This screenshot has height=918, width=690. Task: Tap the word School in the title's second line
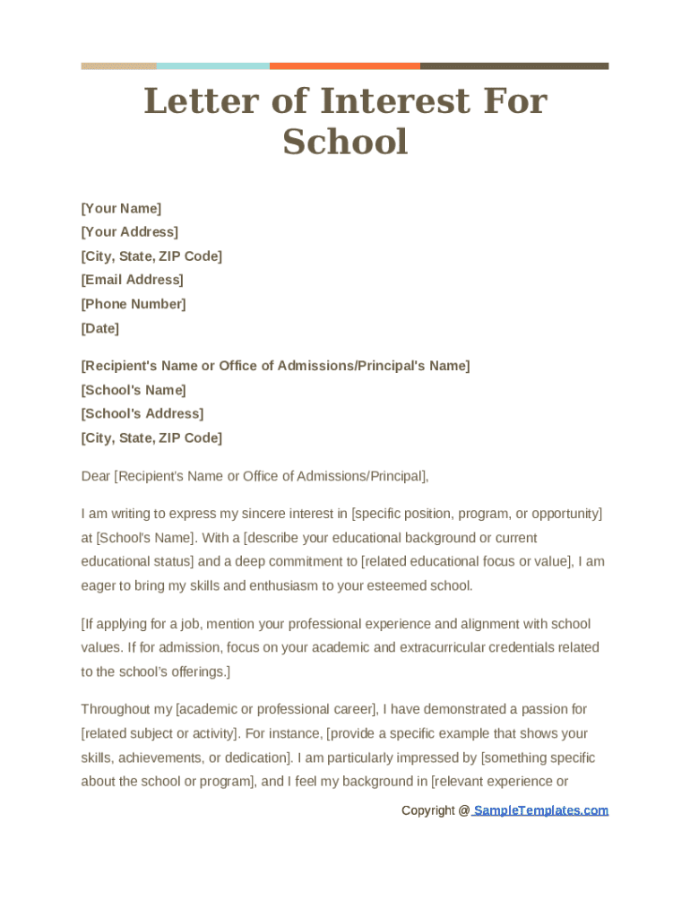click(x=345, y=142)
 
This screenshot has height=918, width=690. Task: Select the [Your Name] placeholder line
click(x=121, y=208)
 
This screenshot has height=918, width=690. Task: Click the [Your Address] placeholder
click(x=129, y=231)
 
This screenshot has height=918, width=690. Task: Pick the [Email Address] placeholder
click(x=132, y=280)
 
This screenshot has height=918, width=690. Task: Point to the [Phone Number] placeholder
click(x=133, y=304)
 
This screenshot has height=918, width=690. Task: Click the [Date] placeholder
click(x=99, y=328)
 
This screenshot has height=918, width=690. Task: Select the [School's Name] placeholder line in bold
click(x=133, y=390)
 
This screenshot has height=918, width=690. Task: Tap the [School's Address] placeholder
click(x=142, y=413)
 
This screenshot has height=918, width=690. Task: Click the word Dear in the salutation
click(x=95, y=476)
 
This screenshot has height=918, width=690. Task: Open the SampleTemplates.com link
click(x=540, y=810)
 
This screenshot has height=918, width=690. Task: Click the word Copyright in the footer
click(x=428, y=810)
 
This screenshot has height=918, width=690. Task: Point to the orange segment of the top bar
click(x=344, y=65)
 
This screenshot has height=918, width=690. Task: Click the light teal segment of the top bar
click(x=212, y=65)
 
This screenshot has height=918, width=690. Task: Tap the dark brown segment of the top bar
click(x=514, y=65)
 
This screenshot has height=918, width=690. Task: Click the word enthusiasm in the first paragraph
click(x=284, y=586)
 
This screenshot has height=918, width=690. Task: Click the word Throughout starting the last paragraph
click(x=114, y=709)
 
